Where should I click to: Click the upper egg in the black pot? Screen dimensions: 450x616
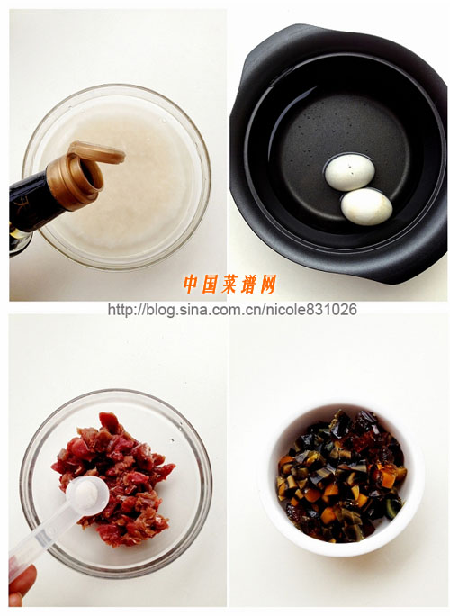(349, 172)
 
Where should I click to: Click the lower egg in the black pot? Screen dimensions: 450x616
(367, 206)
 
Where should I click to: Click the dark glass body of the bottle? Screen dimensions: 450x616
(33, 204)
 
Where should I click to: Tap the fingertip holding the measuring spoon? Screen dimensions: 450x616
(22, 585)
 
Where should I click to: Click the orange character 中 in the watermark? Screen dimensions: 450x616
(191, 284)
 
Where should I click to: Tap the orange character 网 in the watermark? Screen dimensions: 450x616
(268, 284)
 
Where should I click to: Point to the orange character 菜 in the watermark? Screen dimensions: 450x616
(229, 284)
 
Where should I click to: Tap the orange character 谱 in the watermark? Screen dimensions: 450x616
(249, 284)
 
